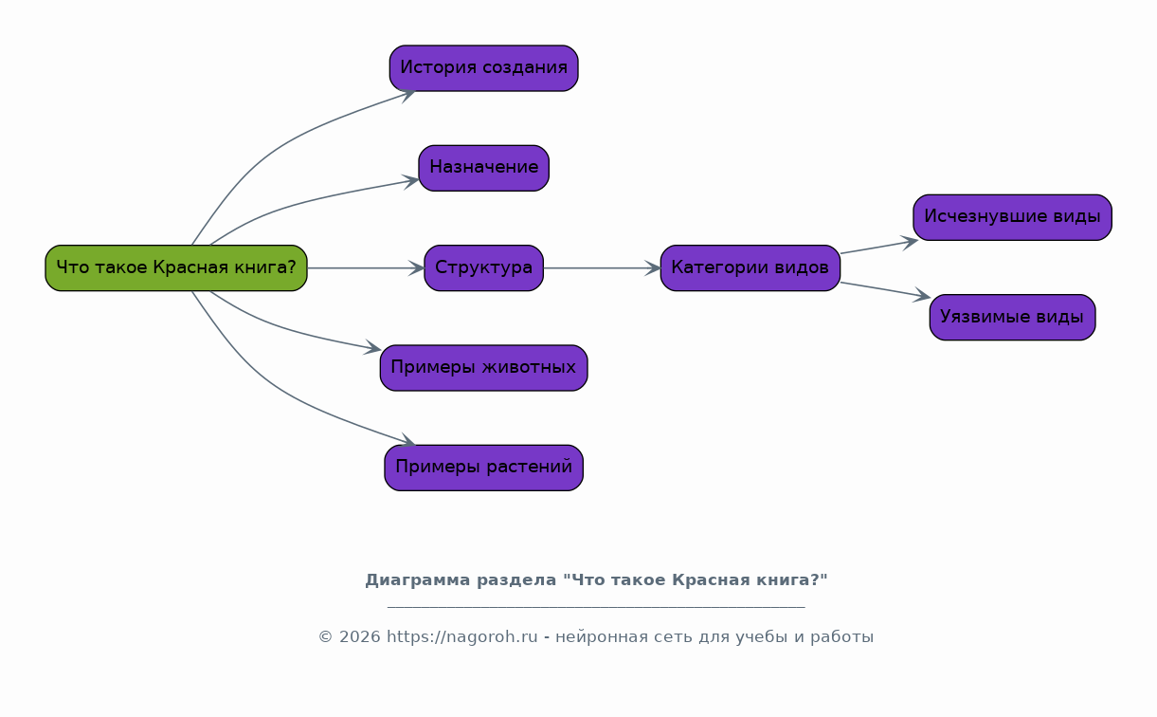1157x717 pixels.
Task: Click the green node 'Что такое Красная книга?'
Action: coord(176,267)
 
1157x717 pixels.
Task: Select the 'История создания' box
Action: coord(483,68)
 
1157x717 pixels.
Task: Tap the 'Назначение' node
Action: coord(483,168)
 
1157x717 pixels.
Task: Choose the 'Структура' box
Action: coord(483,267)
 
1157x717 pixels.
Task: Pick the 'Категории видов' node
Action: coord(750,267)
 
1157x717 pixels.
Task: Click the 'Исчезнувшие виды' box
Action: coord(1012,217)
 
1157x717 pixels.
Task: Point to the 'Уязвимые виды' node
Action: coord(1012,318)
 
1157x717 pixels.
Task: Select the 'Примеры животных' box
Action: coord(483,368)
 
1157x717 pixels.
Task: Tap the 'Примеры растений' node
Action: coord(483,468)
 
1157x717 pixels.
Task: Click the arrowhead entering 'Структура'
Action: coord(417,267)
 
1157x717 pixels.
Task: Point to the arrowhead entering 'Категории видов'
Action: coord(653,267)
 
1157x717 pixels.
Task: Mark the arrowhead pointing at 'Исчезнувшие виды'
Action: coord(910,242)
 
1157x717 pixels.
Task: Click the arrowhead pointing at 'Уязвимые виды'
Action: coord(922,295)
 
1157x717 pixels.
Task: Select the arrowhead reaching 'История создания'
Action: coord(408,94)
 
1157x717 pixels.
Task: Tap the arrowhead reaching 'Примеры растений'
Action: coord(408,441)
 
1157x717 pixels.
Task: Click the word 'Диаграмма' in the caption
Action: coord(417,580)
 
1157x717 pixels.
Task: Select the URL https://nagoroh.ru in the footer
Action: coord(461,636)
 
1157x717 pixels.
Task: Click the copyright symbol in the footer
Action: coord(325,637)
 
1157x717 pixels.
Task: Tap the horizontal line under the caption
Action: coord(596,607)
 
